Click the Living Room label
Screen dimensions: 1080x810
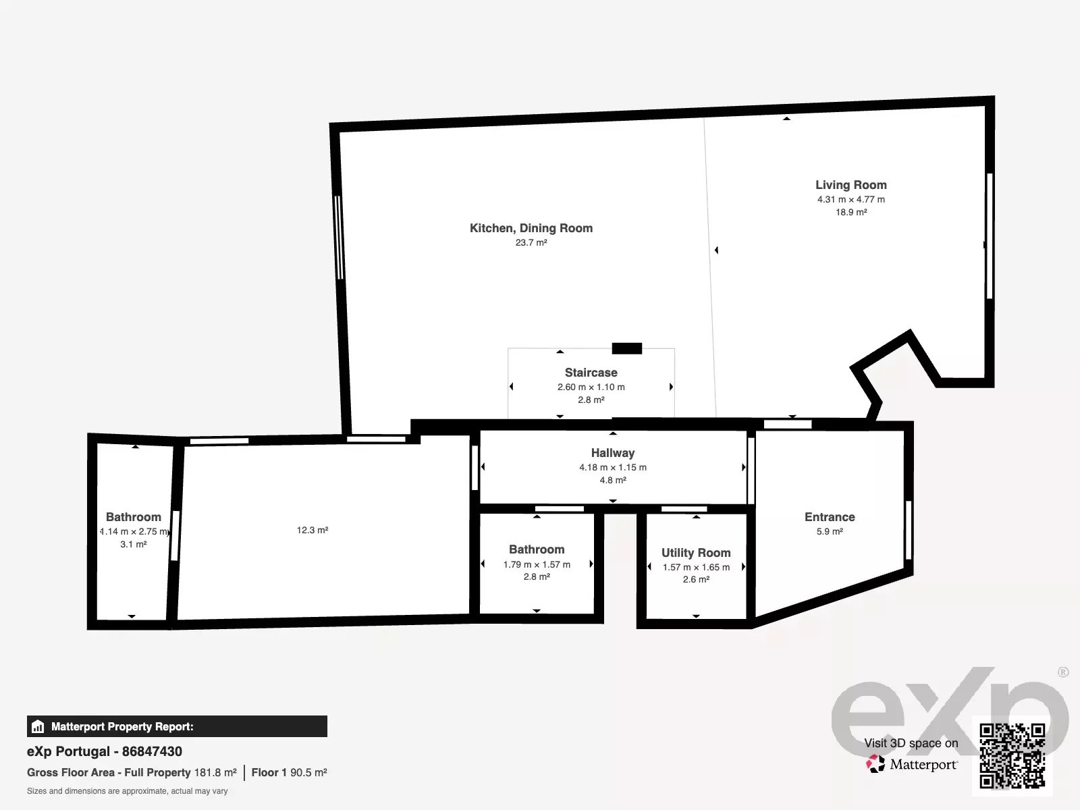point(850,185)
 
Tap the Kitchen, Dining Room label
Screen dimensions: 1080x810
point(531,228)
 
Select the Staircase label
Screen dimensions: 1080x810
point(591,373)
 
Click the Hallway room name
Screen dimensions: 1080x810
point(613,453)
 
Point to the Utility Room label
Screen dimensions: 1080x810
point(696,553)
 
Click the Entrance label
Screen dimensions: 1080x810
point(830,517)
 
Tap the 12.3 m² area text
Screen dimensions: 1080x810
point(313,530)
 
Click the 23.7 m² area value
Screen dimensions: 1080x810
point(531,242)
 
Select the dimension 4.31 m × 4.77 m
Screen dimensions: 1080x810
point(850,200)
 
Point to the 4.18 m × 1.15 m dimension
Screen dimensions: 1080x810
point(613,467)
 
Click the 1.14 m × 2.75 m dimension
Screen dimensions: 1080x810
point(134,532)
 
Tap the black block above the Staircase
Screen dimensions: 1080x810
point(627,348)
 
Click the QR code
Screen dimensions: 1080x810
point(1012,756)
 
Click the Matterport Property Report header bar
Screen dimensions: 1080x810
point(177,726)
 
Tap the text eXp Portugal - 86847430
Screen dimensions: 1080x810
point(105,751)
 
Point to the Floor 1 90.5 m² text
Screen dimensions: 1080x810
point(290,773)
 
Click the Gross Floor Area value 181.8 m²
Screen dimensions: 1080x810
point(215,773)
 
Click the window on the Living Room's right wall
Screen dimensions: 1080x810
point(990,236)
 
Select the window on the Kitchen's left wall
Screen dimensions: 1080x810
point(339,238)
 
